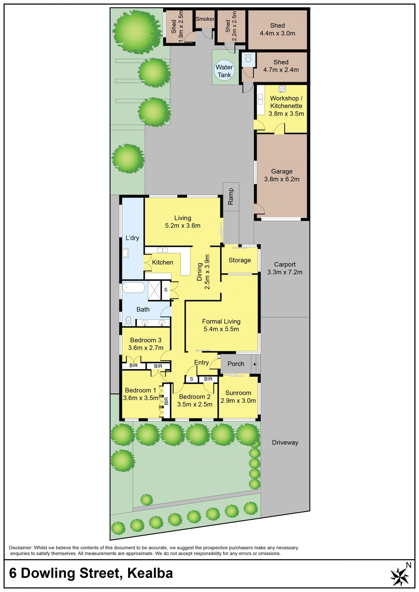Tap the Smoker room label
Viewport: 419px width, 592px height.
205,19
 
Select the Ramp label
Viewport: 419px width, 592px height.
231,196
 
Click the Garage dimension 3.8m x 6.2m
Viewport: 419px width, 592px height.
282,179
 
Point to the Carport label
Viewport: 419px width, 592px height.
285,264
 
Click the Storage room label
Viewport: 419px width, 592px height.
240,260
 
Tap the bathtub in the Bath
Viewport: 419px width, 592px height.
134,287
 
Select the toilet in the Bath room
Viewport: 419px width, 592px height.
128,321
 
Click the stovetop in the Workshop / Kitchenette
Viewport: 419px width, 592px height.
282,89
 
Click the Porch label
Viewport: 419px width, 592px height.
236,364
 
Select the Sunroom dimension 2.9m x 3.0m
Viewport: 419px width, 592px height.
238,400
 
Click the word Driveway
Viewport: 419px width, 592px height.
285,442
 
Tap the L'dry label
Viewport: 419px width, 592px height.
132,238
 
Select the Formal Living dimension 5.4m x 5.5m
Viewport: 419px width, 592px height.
221,329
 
